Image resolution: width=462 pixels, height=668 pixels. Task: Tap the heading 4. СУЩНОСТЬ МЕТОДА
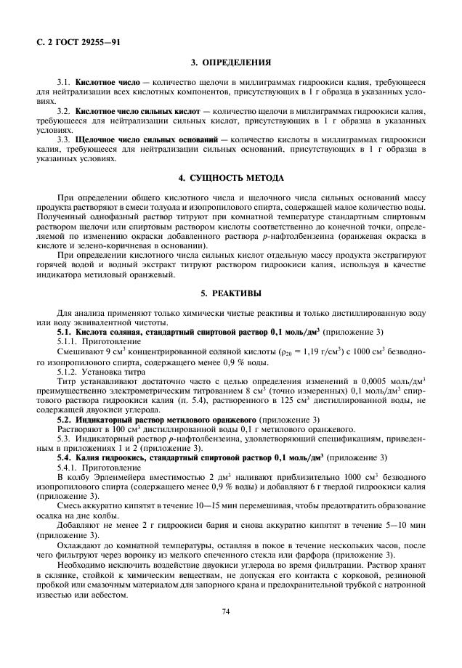tap(231, 178)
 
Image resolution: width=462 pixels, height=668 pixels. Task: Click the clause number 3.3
tap(64, 139)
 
